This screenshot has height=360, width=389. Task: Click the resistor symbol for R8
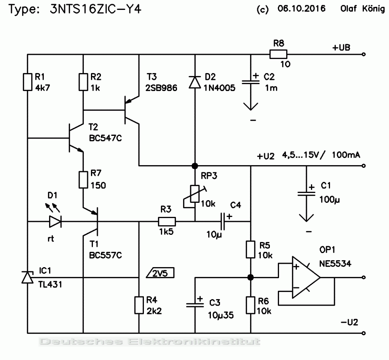[x=278, y=54]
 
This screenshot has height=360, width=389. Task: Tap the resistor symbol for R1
[x=27, y=82]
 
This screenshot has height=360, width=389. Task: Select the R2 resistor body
[x=83, y=82]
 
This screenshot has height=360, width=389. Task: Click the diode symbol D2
[x=195, y=82]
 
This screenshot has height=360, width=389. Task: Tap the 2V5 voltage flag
[x=160, y=273]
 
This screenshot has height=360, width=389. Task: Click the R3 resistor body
[x=167, y=221]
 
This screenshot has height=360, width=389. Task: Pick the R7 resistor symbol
[x=83, y=180]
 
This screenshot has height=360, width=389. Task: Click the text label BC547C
[x=105, y=138]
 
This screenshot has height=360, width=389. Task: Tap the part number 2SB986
[x=161, y=88]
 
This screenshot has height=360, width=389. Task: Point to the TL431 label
[x=50, y=284]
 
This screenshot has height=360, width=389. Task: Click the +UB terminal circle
[x=364, y=54]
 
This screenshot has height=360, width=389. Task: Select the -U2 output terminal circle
[x=364, y=333]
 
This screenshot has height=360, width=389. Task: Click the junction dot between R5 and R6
[x=250, y=277]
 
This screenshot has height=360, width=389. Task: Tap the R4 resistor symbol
[x=139, y=305]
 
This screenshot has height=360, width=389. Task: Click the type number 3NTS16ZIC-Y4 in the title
[x=96, y=10]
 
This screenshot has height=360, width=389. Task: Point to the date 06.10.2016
[x=301, y=9]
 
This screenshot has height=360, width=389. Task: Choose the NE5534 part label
[x=335, y=263]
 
